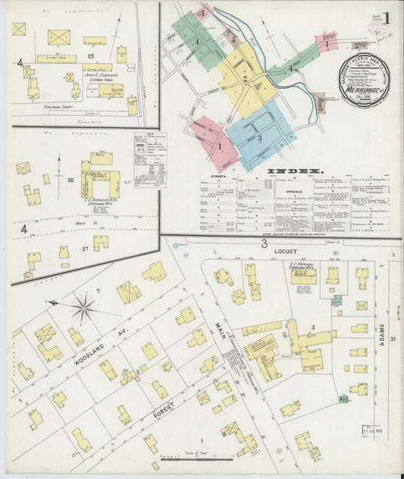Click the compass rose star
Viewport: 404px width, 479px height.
[x=83, y=308]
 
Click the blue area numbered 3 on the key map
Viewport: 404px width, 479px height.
[x=259, y=137]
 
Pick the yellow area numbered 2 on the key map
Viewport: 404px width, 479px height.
[x=244, y=79]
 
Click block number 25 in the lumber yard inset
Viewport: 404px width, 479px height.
[x=90, y=56]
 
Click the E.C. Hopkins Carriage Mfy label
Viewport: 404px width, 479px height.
[x=302, y=268]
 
